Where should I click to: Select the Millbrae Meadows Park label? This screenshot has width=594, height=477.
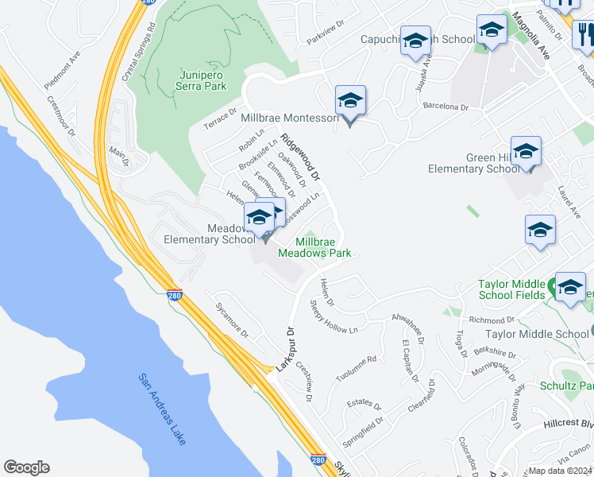[x=314, y=247]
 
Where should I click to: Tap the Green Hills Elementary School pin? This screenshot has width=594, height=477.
[x=526, y=152]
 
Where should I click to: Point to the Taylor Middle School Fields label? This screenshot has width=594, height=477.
[x=511, y=289]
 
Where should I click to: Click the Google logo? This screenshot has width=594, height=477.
[x=26, y=467]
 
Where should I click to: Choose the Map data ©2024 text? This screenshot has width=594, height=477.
[x=561, y=471]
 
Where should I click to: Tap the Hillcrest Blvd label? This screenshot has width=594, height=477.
[x=571, y=425]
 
